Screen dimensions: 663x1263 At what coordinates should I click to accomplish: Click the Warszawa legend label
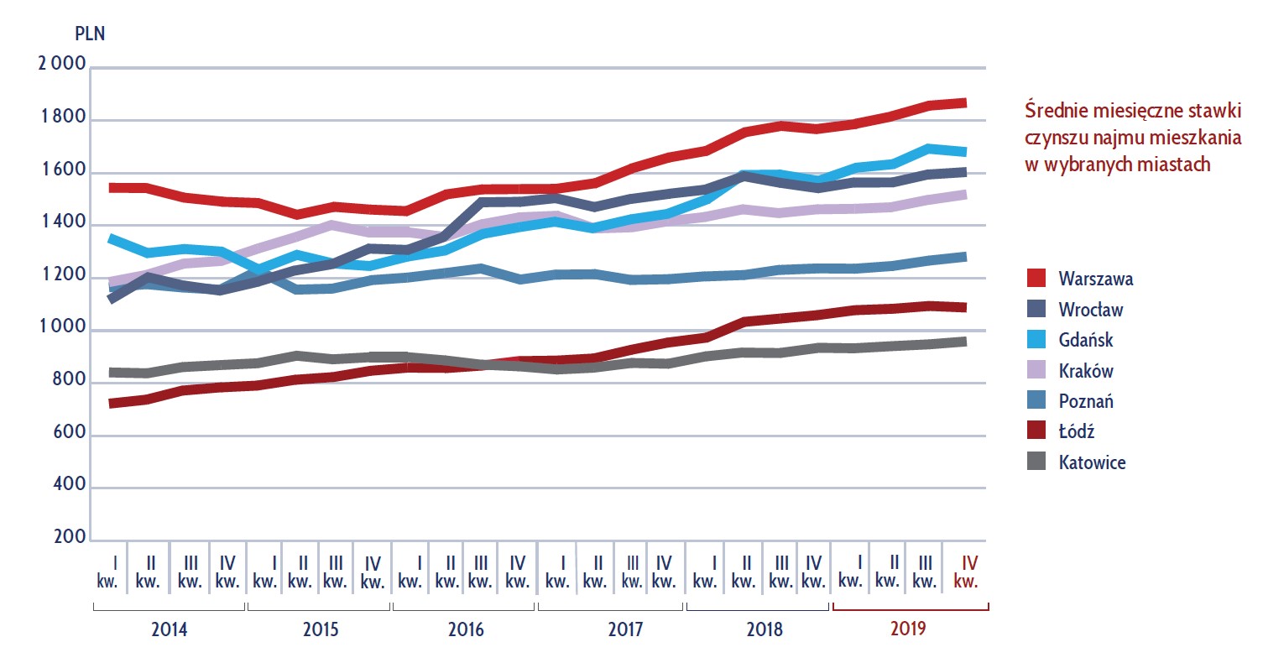[1096, 278]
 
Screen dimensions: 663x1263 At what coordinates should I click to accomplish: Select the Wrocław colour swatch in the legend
[1037, 309]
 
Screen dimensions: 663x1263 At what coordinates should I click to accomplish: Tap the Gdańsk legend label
[1086, 340]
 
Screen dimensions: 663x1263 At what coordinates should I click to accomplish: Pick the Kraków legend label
[1086, 370]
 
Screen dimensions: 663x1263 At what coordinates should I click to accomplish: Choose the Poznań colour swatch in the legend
[1037, 401]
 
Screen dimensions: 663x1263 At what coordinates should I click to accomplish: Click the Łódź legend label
[1077, 431]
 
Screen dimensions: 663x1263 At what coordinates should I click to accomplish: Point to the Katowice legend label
[1092, 462]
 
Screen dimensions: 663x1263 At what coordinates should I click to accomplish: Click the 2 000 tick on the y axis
[62, 66]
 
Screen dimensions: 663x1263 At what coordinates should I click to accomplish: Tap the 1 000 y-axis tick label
[62, 330]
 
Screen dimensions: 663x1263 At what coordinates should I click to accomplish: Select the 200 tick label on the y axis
[70, 537]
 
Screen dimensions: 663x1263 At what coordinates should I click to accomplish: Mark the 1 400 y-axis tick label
[62, 224]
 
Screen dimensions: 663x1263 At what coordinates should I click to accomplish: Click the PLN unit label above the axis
[90, 34]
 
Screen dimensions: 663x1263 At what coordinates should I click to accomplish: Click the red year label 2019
[910, 629]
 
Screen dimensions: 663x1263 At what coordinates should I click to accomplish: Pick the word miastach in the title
[1176, 164]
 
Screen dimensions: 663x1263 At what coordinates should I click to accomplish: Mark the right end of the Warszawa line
[966, 102]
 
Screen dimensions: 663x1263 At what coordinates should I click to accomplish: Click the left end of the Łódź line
[112, 404]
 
